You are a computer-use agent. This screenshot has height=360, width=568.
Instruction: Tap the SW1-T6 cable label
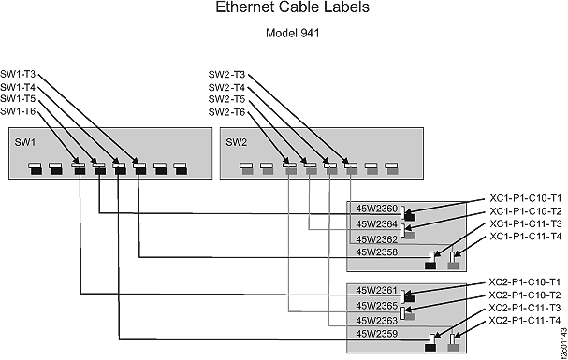click(x=19, y=112)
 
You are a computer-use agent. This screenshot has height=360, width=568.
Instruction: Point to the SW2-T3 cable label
click(x=226, y=74)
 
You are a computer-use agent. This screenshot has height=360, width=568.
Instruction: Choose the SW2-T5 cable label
click(x=226, y=99)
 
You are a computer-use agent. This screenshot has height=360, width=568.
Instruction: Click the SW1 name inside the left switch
click(x=24, y=142)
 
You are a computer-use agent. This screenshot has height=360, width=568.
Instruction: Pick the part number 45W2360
click(x=377, y=209)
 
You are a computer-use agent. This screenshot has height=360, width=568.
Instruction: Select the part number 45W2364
click(x=377, y=223)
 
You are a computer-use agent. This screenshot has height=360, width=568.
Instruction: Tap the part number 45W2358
click(x=377, y=252)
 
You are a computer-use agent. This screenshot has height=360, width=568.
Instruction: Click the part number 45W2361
click(x=377, y=290)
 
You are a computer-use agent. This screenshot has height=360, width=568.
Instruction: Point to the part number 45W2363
click(x=377, y=320)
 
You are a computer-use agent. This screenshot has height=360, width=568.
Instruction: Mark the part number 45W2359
click(x=377, y=334)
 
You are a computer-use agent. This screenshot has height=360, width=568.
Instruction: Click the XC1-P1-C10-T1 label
click(x=525, y=198)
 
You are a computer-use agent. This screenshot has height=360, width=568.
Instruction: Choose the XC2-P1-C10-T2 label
click(x=525, y=295)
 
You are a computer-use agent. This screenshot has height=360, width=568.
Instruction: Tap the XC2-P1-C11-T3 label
click(x=525, y=308)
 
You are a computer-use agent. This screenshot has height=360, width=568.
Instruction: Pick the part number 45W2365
click(x=377, y=305)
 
